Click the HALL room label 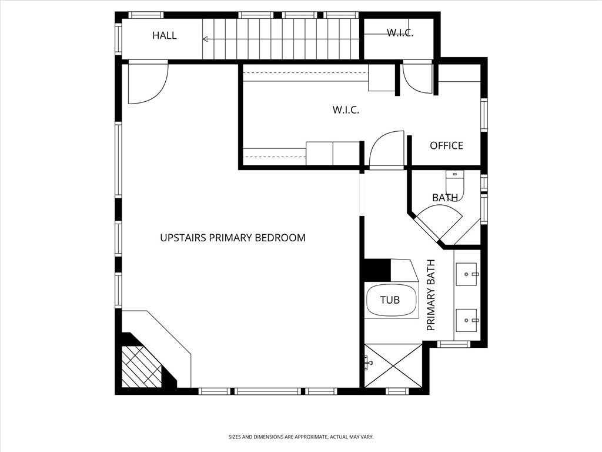[x=165, y=35]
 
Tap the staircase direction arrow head [x=205, y=39]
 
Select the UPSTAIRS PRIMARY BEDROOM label [x=233, y=238]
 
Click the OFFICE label [x=446, y=146]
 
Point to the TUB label [x=390, y=300]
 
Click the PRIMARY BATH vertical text [x=431, y=295]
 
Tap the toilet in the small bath [x=454, y=184]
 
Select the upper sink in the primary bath [x=466, y=274]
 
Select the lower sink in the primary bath [x=466, y=320]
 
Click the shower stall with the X [x=393, y=365]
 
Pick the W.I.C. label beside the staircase [x=400, y=33]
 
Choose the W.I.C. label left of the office [x=346, y=110]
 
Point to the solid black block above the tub [x=377, y=270]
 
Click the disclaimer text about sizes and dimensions [x=301, y=437]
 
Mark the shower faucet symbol [x=368, y=362]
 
